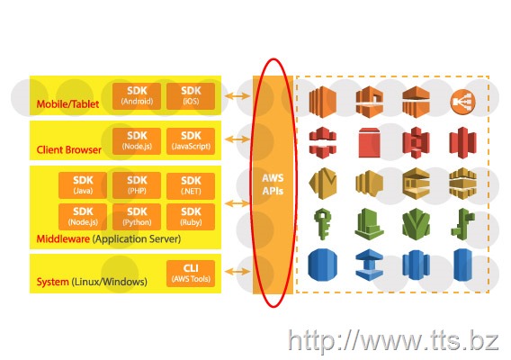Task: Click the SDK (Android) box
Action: (x=137, y=96)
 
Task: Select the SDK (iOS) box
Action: (x=191, y=96)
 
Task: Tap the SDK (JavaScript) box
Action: (x=191, y=141)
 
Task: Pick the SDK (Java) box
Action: (x=83, y=185)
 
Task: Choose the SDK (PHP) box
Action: (x=137, y=185)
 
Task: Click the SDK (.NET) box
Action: (x=191, y=186)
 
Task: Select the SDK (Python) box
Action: (x=137, y=217)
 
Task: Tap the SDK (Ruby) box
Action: (x=191, y=217)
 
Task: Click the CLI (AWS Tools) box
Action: (x=191, y=274)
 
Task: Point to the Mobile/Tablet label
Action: (x=67, y=104)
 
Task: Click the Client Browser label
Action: (x=68, y=149)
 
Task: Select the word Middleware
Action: (x=63, y=238)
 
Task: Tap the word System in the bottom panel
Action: (x=52, y=282)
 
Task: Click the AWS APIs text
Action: (x=273, y=184)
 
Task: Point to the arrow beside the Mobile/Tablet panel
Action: (x=238, y=96)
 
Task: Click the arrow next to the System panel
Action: (x=238, y=271)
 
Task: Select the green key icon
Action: (x=323, y=224)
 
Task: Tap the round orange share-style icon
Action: (x=462, y=102)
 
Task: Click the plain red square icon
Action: (x=369, y=142)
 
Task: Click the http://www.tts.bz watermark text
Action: (x=393, y=341)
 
